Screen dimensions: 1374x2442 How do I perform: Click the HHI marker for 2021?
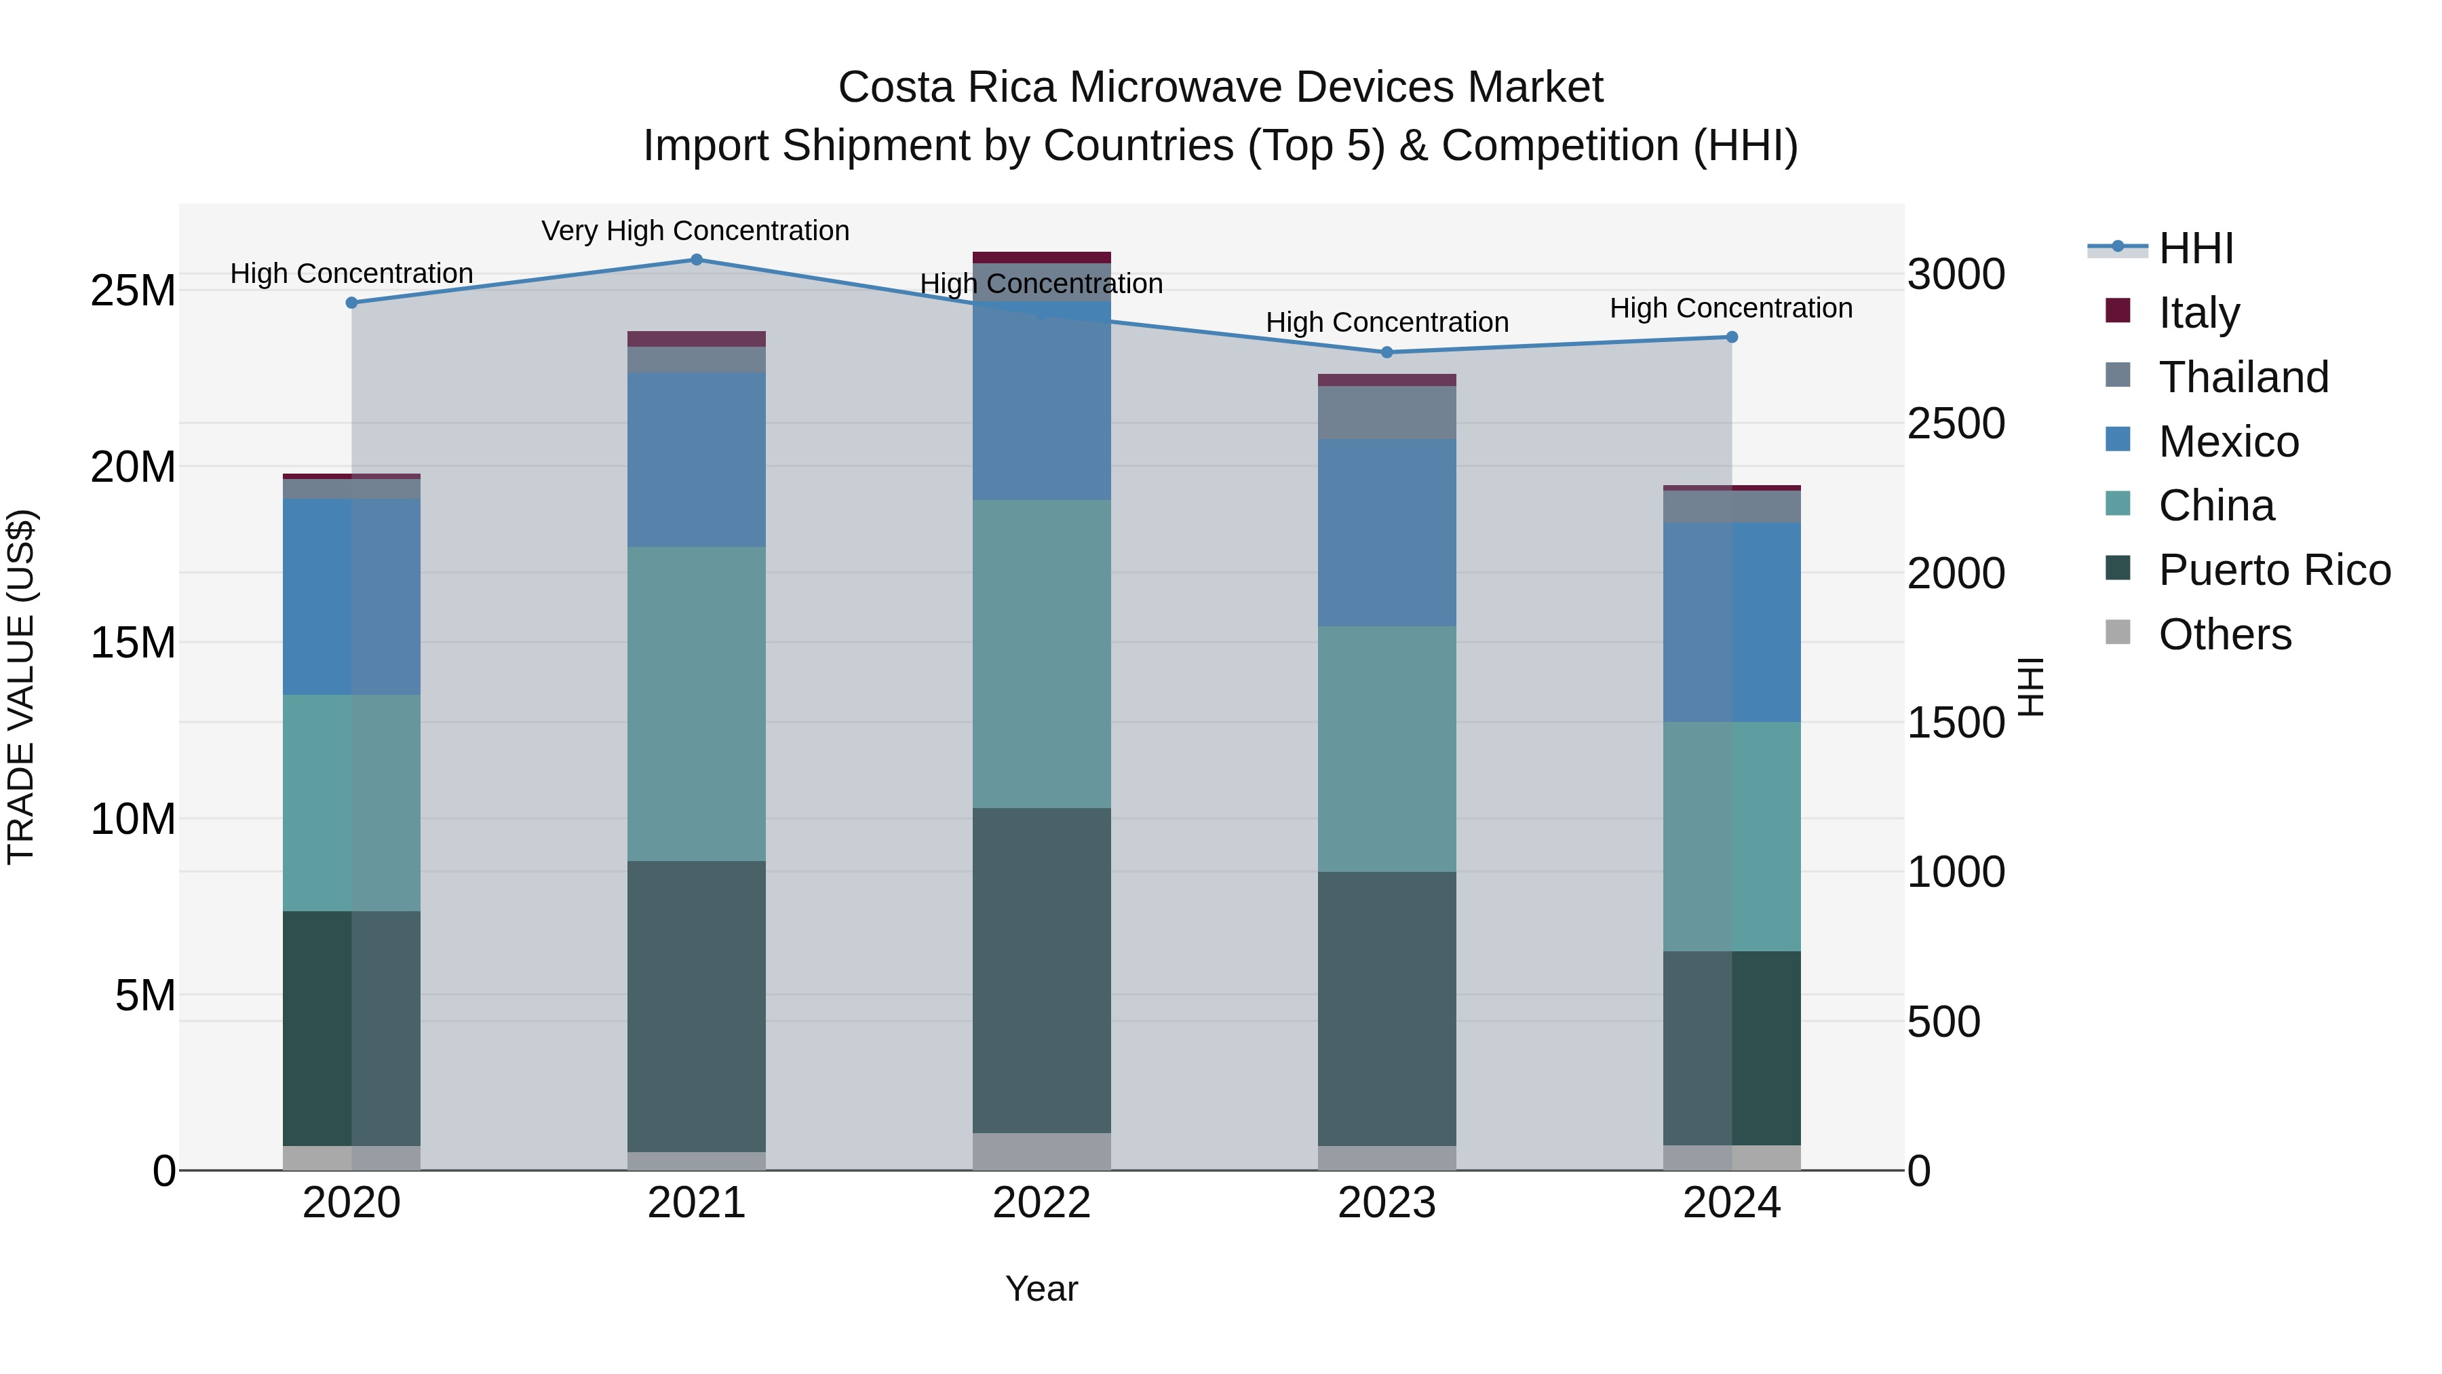tap(696, 260)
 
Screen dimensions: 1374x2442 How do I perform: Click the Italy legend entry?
tap(2198, 313)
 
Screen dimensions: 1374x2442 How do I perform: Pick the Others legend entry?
tap(2224, 634)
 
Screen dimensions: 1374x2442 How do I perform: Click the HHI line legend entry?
tap(2196, 248)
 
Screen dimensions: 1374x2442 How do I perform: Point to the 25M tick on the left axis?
tap(133, 290)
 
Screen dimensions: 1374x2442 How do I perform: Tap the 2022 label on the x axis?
tap(1041, 1203)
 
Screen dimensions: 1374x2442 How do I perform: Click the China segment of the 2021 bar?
tap(696, 704)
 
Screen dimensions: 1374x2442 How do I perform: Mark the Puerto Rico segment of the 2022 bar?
tap(1041, 970)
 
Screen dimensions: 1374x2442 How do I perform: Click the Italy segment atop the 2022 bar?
tap(1041, 257)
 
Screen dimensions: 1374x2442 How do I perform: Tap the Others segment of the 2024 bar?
tap(1731, 1158)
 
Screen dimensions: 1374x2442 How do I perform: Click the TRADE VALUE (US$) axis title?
tap(21, 687)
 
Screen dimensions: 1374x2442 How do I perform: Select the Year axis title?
tap(1041, 1289)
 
